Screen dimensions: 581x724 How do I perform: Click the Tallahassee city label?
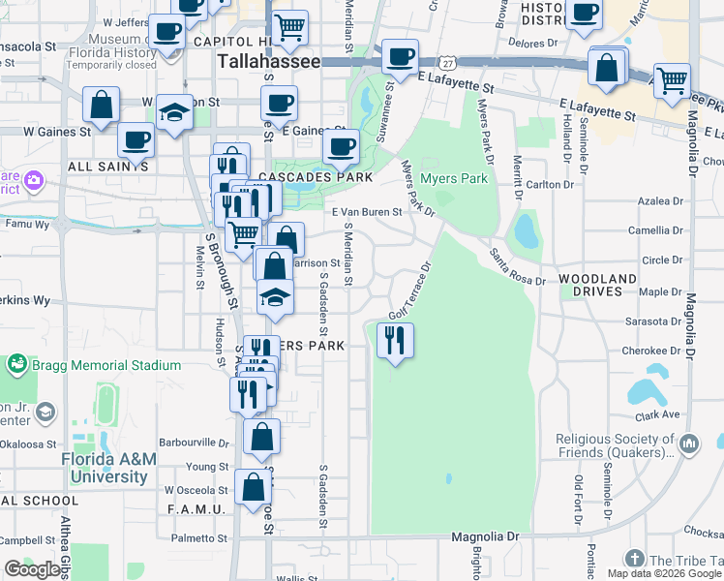tap(268, 61)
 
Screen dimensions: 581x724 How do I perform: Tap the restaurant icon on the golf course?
tap(395, 340)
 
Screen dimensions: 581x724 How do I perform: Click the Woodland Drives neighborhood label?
tap(597, 285)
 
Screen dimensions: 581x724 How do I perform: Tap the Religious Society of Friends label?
tap(615, 445)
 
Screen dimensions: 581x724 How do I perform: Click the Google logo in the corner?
tap(32, 568)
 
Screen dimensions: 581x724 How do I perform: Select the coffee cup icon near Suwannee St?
tap(400, 56)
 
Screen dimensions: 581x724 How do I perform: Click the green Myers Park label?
tap(455, 178)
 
